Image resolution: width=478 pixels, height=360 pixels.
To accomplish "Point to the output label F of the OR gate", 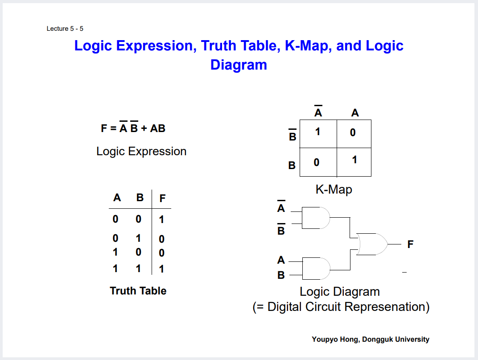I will (410, 244).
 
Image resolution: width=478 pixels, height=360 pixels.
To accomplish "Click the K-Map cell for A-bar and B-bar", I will (318, 133).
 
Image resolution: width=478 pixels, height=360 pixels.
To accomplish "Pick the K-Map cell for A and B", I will (354, 161).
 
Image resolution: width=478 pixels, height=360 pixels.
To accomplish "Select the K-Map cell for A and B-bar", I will (354, 133).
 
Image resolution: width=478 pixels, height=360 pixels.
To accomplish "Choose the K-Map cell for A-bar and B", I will (317, 162).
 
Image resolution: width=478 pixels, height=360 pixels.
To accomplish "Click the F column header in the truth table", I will (162, 199).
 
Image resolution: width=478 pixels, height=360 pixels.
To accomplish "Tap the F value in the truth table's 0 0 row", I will (161, 219).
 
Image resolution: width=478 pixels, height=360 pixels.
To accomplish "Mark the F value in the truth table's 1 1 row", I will (161, 269).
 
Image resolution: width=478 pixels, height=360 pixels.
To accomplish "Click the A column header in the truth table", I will (117, 198).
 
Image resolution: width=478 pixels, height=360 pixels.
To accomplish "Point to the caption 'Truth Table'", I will (138, 291).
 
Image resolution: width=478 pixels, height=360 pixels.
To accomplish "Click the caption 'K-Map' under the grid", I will (334, 189).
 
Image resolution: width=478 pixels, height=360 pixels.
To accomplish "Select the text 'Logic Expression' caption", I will (141, 151).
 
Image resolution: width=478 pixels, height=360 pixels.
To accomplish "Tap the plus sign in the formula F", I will (144, 128).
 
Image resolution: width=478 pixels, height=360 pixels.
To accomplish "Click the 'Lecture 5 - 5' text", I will (65, 29).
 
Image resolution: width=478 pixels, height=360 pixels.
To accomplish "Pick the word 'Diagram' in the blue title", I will (239, 65).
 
